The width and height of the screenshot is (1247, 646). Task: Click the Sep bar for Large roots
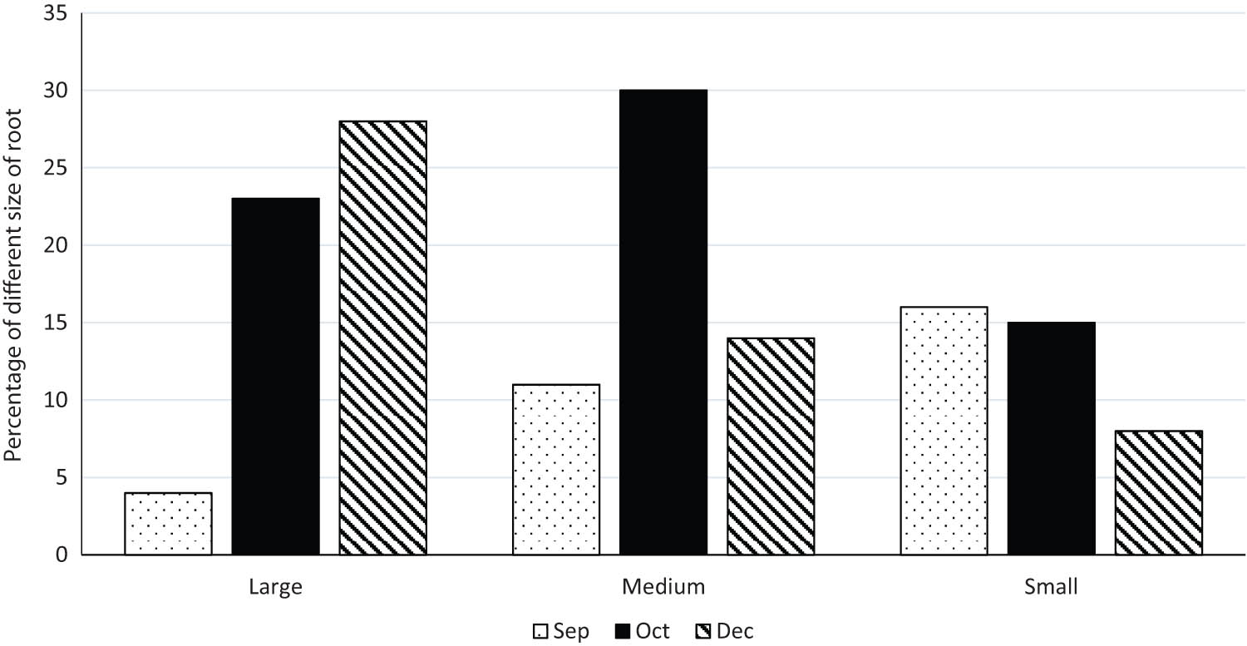click(x=168, y=523)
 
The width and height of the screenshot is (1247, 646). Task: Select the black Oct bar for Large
click(x=275, y=376)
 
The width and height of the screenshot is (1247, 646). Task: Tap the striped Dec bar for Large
click(x=382, y=338)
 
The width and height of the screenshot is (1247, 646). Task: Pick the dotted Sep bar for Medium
click(x=556, y=469)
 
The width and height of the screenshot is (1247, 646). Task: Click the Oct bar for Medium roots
click(x=663, y=322)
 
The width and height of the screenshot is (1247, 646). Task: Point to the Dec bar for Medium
click(x=771, y=446)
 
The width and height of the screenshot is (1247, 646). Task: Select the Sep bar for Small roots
click(x=944, y=431)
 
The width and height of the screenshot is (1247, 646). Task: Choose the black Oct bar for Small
click(x=1052, y=438)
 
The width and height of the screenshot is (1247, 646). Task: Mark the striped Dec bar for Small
click(x=1159, y=492)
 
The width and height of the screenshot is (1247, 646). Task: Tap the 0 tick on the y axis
click(x=63, y=555)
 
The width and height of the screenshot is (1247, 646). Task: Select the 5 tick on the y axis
click(x=63, y=477)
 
